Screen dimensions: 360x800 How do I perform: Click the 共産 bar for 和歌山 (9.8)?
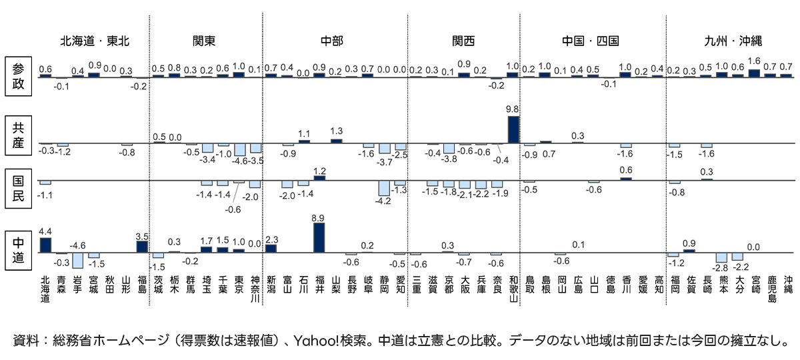click(x=513, y=129)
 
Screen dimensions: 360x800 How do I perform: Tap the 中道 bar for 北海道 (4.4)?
click(x=45, y=245)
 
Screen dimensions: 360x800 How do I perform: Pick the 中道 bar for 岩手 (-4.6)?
click(x=78, y=260)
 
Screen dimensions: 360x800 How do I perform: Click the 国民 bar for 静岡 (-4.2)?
click(x=384, y=188)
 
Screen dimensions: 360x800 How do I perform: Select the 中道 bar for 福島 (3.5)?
click(x=142, y=247)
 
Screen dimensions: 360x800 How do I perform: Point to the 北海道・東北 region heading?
click(x=95, y=41)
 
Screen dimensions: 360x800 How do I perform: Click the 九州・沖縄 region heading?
click(x=733, y=41)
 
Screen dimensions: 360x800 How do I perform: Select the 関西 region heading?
click(x=463, y=41)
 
